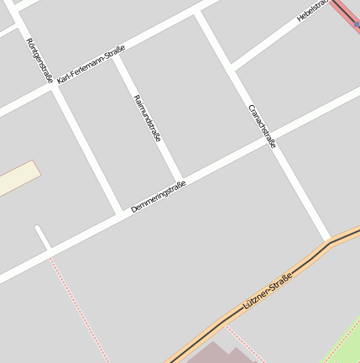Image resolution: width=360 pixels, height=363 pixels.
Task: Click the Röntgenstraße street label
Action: [39, 60]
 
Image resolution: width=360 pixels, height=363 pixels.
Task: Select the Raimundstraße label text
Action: [147, 118]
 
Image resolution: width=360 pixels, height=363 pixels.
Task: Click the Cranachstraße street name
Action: [263, 126]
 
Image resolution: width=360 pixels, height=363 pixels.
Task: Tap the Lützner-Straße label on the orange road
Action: [267, 292]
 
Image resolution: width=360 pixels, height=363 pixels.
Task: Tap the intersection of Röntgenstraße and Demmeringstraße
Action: [121, 212]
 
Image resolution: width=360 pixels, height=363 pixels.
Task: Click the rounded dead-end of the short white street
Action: [39, 229]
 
